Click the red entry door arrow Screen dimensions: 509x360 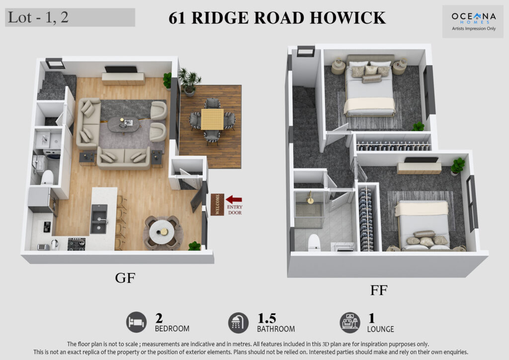click(234, 199)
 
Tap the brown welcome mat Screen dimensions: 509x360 click(217, 204)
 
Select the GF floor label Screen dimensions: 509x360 click(125, 278)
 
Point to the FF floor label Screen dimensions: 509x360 click(378, 290)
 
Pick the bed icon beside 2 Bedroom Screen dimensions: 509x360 click(136, 322)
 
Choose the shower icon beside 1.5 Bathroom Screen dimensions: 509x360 click(238, 323)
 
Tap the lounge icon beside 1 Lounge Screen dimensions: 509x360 click(350, 323)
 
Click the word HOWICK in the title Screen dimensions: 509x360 click(347, 18)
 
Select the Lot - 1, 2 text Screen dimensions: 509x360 click(38, 17)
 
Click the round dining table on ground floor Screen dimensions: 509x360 click(162, 231)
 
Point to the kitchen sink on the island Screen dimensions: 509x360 click(99, 219)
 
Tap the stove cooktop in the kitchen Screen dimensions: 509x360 click(77, 244)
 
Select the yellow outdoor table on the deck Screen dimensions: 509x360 click(212, 119)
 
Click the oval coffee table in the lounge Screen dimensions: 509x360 click(124, 125)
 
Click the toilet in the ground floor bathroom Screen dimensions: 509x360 click(47, 177)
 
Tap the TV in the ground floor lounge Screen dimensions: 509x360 click(121, 69)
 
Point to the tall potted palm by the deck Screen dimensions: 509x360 click(189, 82)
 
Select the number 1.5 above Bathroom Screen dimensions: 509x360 click(266, 318)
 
